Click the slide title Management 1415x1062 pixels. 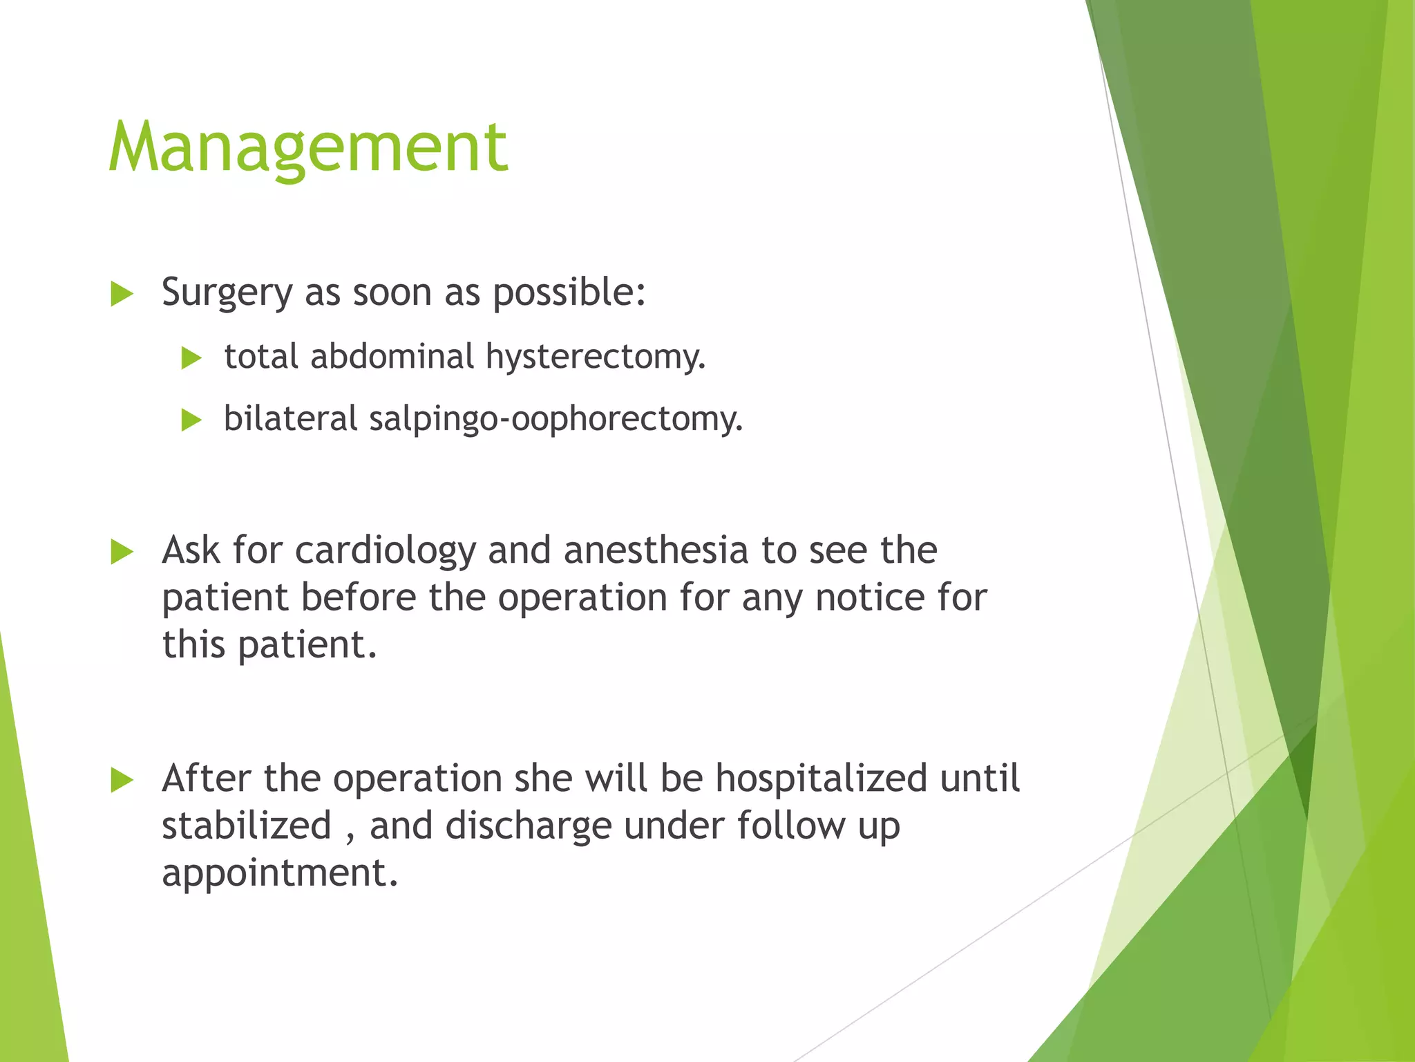308,147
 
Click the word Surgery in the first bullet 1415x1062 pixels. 227,293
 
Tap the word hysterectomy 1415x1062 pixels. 595,357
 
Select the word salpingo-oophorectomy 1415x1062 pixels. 555,420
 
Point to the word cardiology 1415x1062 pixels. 385,551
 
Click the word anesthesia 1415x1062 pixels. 656,551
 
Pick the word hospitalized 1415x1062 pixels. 821,779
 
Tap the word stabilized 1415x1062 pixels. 247,826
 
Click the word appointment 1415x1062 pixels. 280,873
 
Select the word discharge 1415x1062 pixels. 528,826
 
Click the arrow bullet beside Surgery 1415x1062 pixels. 122,295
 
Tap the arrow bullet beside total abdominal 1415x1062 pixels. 191,358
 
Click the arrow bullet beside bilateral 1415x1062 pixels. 191,420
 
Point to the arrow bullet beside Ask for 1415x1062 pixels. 122,552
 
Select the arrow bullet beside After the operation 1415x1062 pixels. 122,781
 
